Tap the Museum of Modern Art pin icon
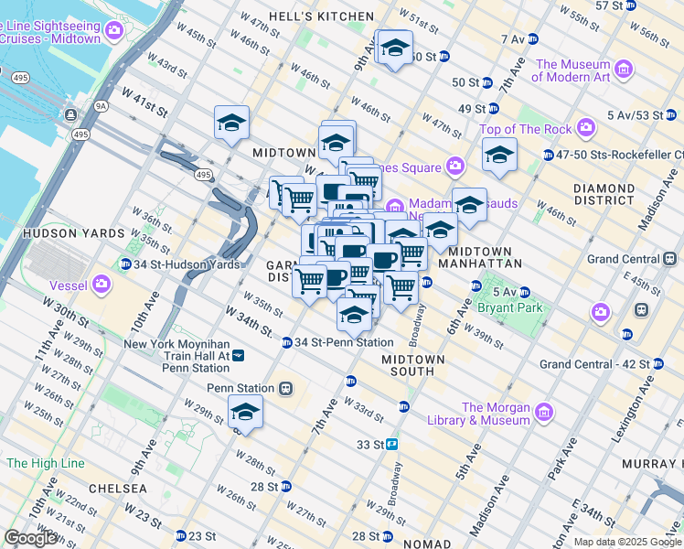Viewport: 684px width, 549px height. tap(624, 70)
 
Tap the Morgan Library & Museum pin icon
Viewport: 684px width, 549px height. tap(544, 413)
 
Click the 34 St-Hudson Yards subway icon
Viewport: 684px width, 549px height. tap(125, 264)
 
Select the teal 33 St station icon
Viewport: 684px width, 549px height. tap(391, 444)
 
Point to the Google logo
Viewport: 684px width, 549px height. tap(31, 538)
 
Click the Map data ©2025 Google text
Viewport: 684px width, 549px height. tap(627, 542)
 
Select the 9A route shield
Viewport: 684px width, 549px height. tap(101, 106)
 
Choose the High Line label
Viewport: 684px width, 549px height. tap(44, 463)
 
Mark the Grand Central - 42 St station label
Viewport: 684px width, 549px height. tap(595, 364)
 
